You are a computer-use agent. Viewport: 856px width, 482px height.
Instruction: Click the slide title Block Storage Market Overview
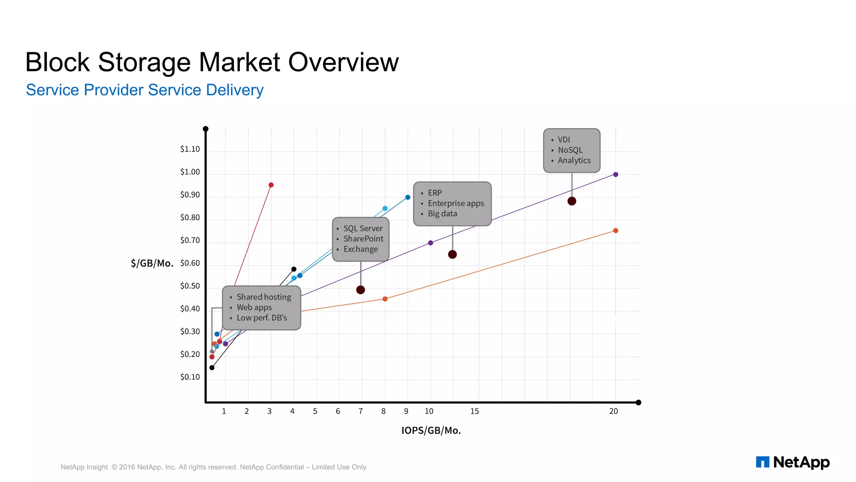(212, 62)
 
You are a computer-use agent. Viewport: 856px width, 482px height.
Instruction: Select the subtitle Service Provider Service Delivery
(145, 90)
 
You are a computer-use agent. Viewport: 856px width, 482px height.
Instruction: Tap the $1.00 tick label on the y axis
(190, 172)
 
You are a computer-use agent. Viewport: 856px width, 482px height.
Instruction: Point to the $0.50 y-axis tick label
(190, 286)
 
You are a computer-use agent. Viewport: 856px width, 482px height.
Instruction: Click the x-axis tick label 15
(474, 411)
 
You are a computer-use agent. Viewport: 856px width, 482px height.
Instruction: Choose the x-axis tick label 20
(613, 411)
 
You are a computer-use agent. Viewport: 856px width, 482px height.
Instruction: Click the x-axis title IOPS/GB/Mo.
(431, 431)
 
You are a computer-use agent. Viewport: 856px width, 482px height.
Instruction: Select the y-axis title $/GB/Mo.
(152, 263)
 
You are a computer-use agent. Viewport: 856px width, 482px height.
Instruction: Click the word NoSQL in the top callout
(570, 150)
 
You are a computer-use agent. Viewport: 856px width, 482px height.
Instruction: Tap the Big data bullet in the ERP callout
(442, 213)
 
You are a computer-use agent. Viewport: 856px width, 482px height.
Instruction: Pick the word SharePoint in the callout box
(363, 238)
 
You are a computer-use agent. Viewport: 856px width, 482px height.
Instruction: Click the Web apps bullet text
(254, 307)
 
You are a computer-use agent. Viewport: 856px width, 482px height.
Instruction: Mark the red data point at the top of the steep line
(271, 185)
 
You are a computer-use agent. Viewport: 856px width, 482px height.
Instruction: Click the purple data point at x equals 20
(615, 174)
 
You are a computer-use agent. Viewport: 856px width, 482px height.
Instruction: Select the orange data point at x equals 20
(615, 231)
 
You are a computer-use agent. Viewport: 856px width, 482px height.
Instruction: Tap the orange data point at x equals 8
(385, 299)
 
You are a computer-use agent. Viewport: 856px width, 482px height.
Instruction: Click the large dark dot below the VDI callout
(572, 201)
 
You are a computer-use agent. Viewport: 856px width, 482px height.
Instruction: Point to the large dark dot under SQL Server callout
(360, 290)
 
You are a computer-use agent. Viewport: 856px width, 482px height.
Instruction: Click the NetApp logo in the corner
(792, 462)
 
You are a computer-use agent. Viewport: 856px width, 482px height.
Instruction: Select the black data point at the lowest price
(212, 368)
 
